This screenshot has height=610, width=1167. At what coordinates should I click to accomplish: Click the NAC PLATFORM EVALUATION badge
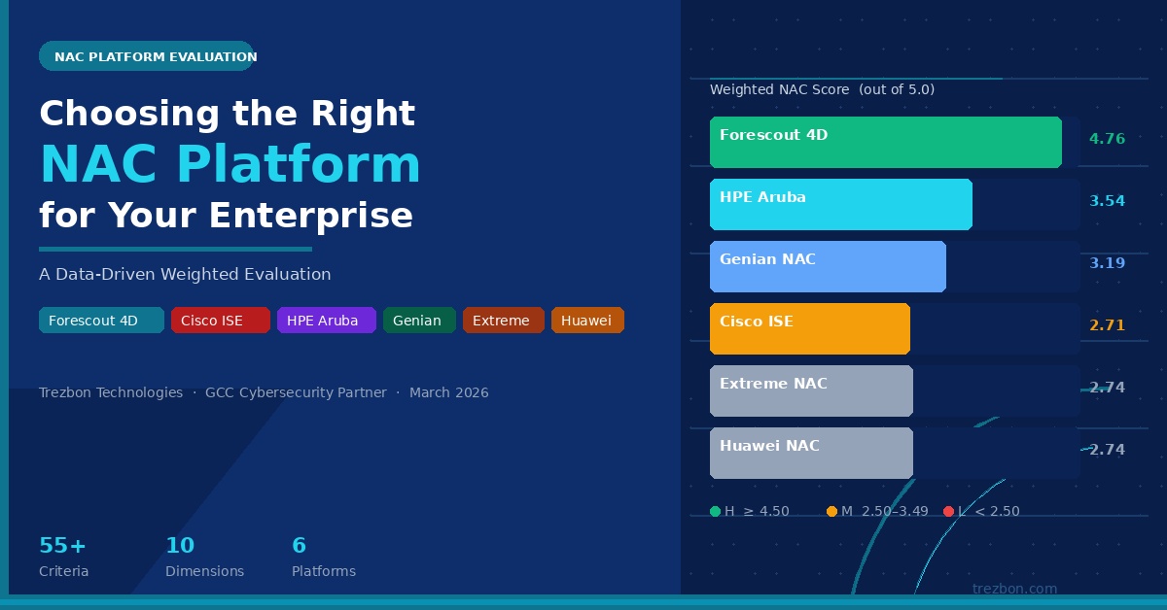pyautogui.click(x=146, y=56)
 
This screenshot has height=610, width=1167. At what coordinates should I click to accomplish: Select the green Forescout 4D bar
pyautogui.click(x=885, y=143)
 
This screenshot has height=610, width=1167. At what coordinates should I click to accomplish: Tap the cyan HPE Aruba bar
pyautogui.click(x=840, y=205)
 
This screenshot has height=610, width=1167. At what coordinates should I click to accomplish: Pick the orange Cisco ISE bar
pyautogui.click(x=809, y=328)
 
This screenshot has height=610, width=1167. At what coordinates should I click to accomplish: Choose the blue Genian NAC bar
pyautogui.click(x=827, y=267)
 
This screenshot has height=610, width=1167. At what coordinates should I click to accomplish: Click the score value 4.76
pyautogui.click(x=1107, y=139)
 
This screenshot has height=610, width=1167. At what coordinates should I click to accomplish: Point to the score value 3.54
pyautogui.click(x=1107, y=201)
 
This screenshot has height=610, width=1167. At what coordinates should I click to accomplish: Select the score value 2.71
pyautogui.click(x=1107, y=325)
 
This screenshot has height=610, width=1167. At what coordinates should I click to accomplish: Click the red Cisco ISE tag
pyautogui.click(x=220, y=321)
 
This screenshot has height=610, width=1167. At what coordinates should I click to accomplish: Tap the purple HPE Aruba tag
pyautogui.click(x=326, y=321)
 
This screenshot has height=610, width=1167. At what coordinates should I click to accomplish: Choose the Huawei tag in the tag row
pyautogui.click(x=586, y=321)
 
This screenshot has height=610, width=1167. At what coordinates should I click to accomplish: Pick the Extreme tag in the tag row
pyautogui.click(x=503, y=321)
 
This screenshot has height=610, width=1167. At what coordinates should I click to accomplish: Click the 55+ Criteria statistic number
pyautogui.click(x=62, y=545)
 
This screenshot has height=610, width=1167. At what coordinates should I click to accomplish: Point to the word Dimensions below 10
pyautogui.click(x=204, y=571)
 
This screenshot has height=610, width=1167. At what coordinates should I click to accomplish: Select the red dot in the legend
pyautogui.click(x=948, y=512)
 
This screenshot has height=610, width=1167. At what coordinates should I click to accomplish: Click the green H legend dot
pyautogui.click(x=715, y=512)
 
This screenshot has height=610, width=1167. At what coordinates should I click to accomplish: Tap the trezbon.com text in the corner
pyautogui.click(x=1014, y=589)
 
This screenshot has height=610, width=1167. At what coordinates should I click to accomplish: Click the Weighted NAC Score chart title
pyautogui.click(x=822, y=89)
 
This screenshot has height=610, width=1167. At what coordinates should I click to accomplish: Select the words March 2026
pyautogui.click(x=448, y=393)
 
